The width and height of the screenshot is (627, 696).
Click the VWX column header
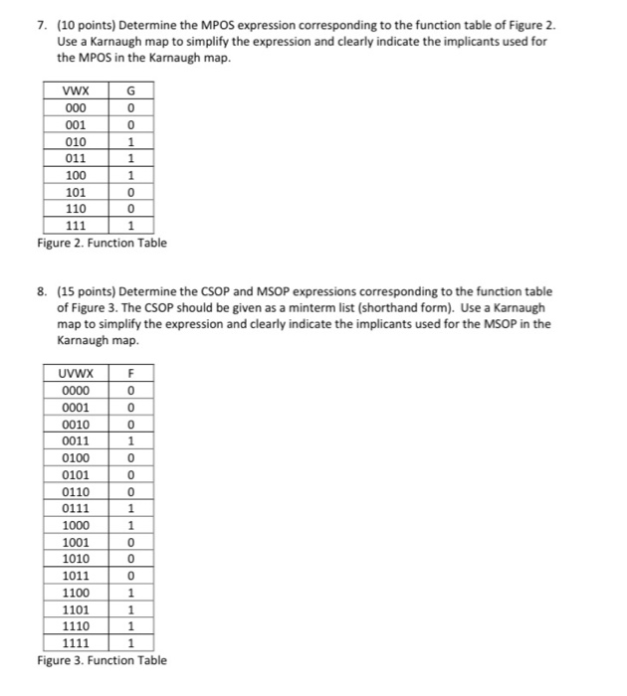[x=75, y=91]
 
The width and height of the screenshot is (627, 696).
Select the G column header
[x=146, y=91]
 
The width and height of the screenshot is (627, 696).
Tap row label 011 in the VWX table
[x=75, y=158]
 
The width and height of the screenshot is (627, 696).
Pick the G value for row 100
[x=146, y=175]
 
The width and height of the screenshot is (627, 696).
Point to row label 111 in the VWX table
[x=75, y=226]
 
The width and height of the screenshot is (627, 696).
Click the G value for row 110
[x=146, y=209]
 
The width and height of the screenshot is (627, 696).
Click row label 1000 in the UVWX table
[x=75, y=525]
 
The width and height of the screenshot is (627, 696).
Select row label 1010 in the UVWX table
[x=75, y=559]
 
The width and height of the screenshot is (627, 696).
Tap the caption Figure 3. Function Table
[x=102, y=661]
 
